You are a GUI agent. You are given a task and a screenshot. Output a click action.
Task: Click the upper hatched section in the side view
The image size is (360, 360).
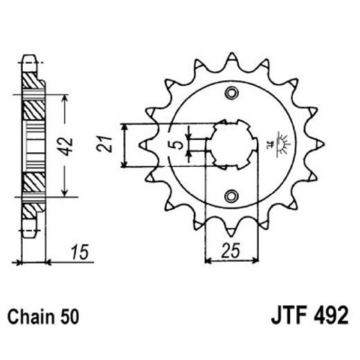pos(33,104)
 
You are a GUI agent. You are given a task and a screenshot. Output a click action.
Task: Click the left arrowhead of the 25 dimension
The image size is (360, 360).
pos(210,261)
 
